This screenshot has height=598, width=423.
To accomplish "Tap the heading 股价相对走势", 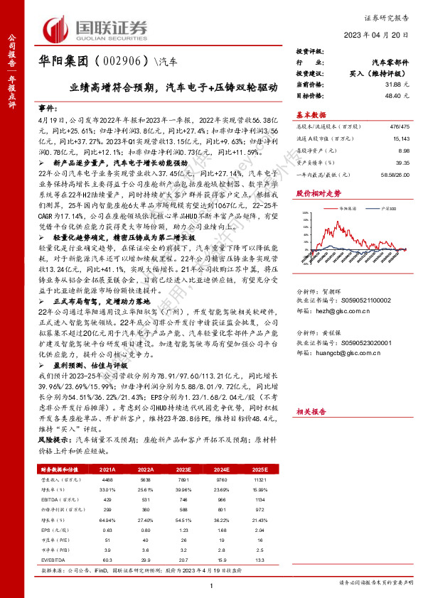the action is [314, 193].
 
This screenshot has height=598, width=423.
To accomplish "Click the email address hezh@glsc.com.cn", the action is [347, 311].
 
